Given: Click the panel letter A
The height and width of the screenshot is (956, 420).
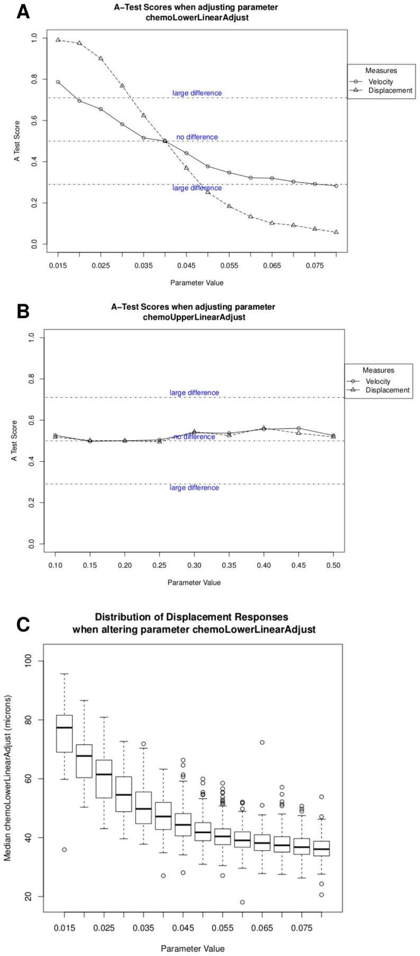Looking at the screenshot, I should (x=23, y=11).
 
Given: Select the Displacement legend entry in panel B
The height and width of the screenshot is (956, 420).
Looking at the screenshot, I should (x=388, y=390).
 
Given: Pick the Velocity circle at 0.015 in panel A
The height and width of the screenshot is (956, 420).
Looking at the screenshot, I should (x=58, y=82).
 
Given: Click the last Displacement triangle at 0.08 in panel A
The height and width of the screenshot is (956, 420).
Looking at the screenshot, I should (x=336, y=232).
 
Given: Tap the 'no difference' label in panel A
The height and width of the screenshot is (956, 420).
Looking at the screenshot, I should (x=197, y=137).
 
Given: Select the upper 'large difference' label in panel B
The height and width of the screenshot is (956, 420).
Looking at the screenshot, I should (x=194, y=392).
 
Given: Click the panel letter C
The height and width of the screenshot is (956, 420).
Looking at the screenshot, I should (x=23, y=624).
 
